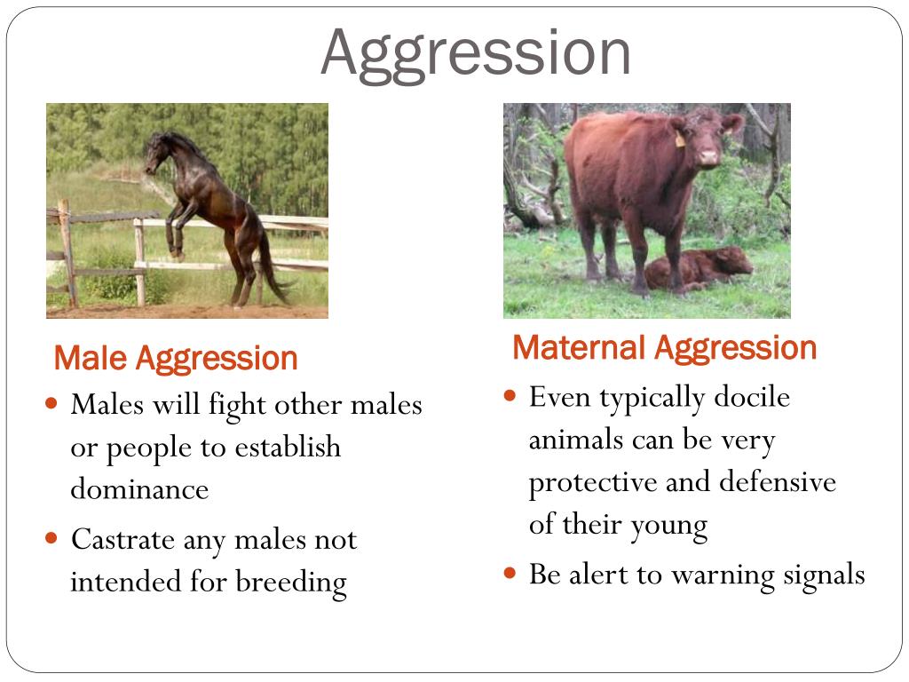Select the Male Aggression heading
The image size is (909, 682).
point(176,359)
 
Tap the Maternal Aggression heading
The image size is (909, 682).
point(664,347)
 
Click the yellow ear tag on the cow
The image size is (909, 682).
point(681,139)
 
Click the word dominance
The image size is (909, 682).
point(139,489)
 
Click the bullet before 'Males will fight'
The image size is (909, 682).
point(51,404)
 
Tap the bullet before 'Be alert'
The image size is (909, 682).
point(510,574)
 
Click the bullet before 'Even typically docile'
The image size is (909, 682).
point(510,395)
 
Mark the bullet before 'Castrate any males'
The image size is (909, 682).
point(51,538)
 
